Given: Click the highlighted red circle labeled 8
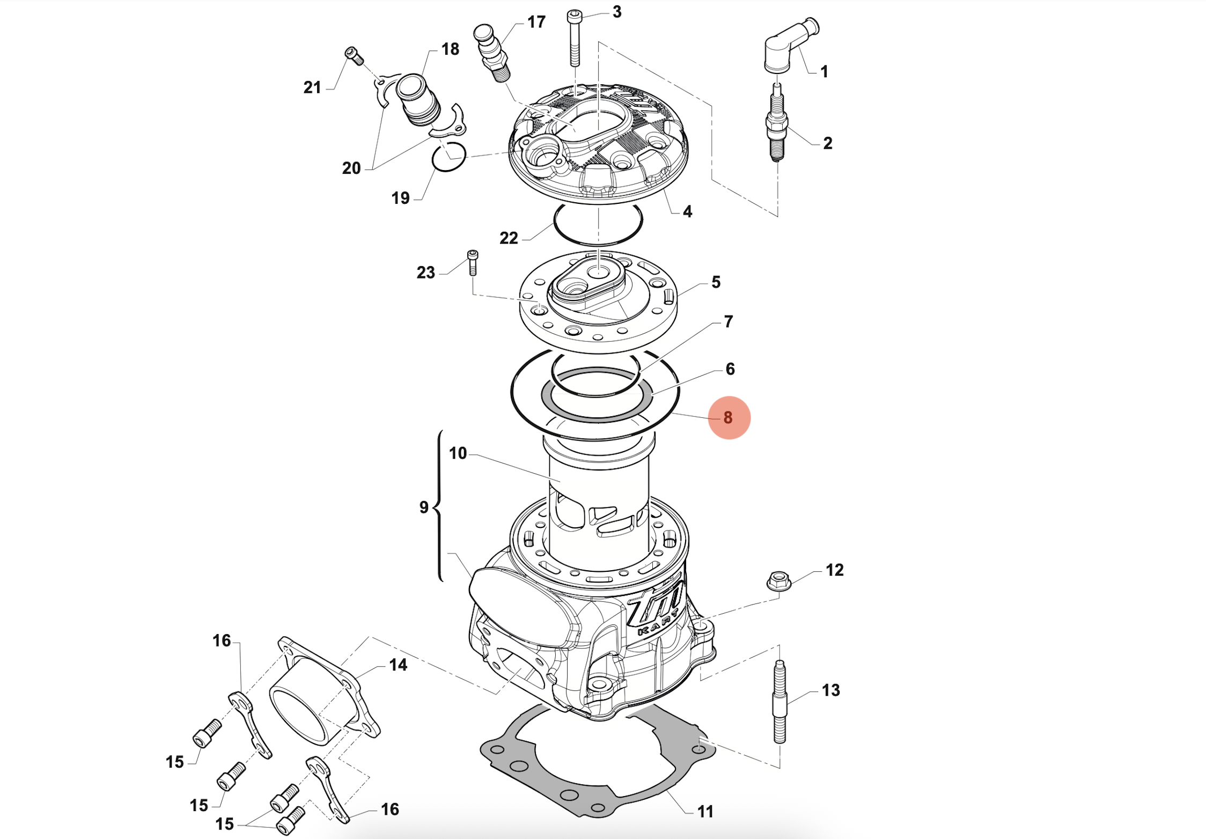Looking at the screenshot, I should [729, 417].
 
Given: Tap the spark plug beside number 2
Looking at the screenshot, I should [777, 123].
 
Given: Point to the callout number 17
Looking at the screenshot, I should [536, 22].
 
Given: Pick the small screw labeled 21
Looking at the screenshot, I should [354, 56].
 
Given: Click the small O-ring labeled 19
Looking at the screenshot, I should [448, 157].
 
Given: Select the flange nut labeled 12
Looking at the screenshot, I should [779, 581].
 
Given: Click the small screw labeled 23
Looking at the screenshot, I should [473, 262].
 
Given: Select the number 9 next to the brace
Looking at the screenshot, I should [424, 507].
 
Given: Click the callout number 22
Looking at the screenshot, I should [509, 238].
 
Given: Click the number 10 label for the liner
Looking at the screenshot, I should [458, 453].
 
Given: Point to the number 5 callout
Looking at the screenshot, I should [716, 282].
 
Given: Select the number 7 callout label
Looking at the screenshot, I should [728, 321].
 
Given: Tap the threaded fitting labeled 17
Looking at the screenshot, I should [492, 54].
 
